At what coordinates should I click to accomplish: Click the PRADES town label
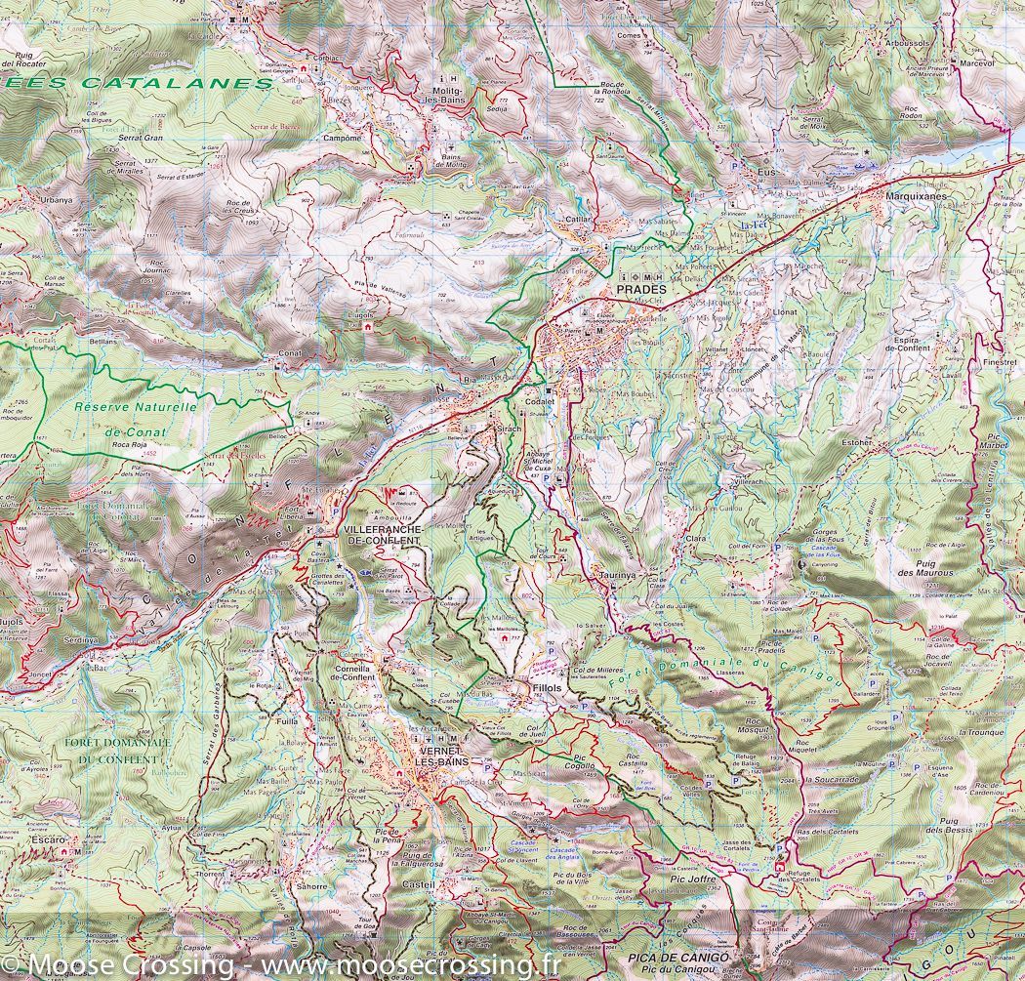click(640, 290)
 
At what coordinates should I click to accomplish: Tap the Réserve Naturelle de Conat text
click(137, 419)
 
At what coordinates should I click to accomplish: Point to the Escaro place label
click(48, 839)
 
